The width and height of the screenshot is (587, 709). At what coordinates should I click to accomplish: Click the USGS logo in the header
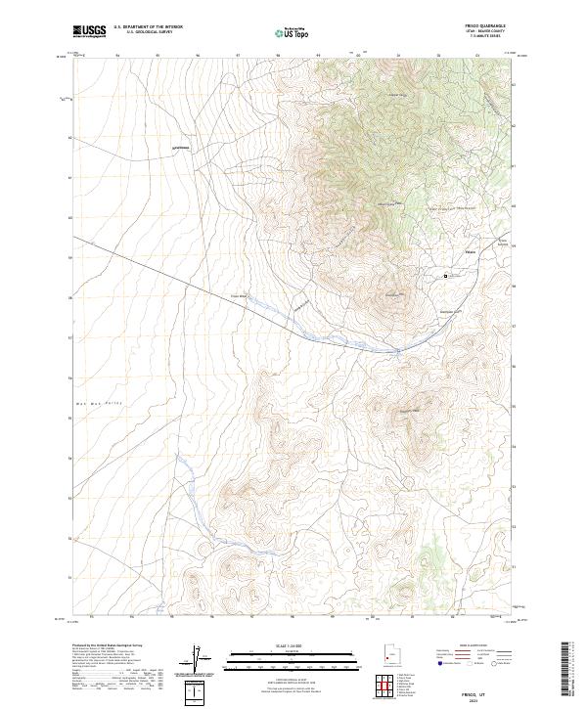[x=89, y=31]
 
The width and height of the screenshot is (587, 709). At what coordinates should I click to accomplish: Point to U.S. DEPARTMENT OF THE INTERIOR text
[x=148, y=27]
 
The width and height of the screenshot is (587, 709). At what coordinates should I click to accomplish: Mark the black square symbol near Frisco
[x=445, y=276]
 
